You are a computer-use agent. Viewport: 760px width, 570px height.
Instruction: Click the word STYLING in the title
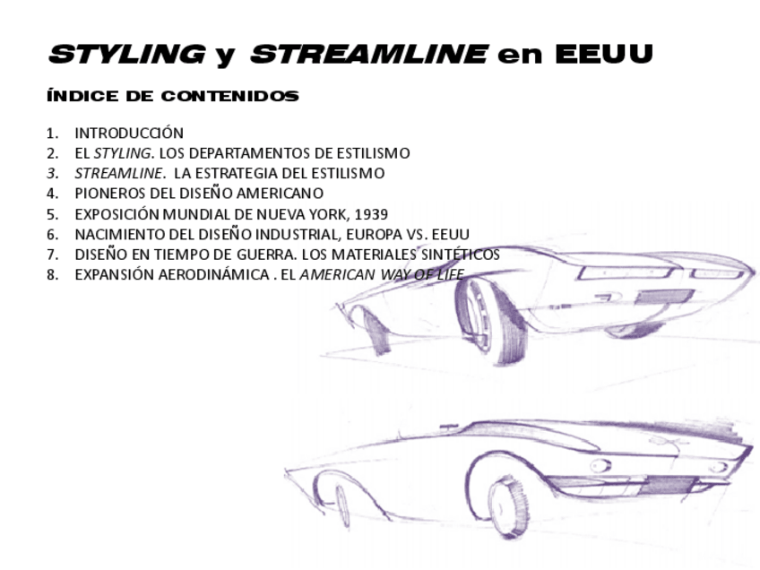tap(126, 55)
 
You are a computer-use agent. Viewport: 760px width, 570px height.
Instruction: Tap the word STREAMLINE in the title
tap(368, 55)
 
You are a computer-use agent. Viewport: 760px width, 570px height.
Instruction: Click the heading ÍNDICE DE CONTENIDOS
tap(173, 96)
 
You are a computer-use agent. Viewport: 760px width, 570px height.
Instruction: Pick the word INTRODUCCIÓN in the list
tap(129, 133)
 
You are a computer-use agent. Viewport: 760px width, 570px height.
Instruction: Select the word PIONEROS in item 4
tap(107, 193)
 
